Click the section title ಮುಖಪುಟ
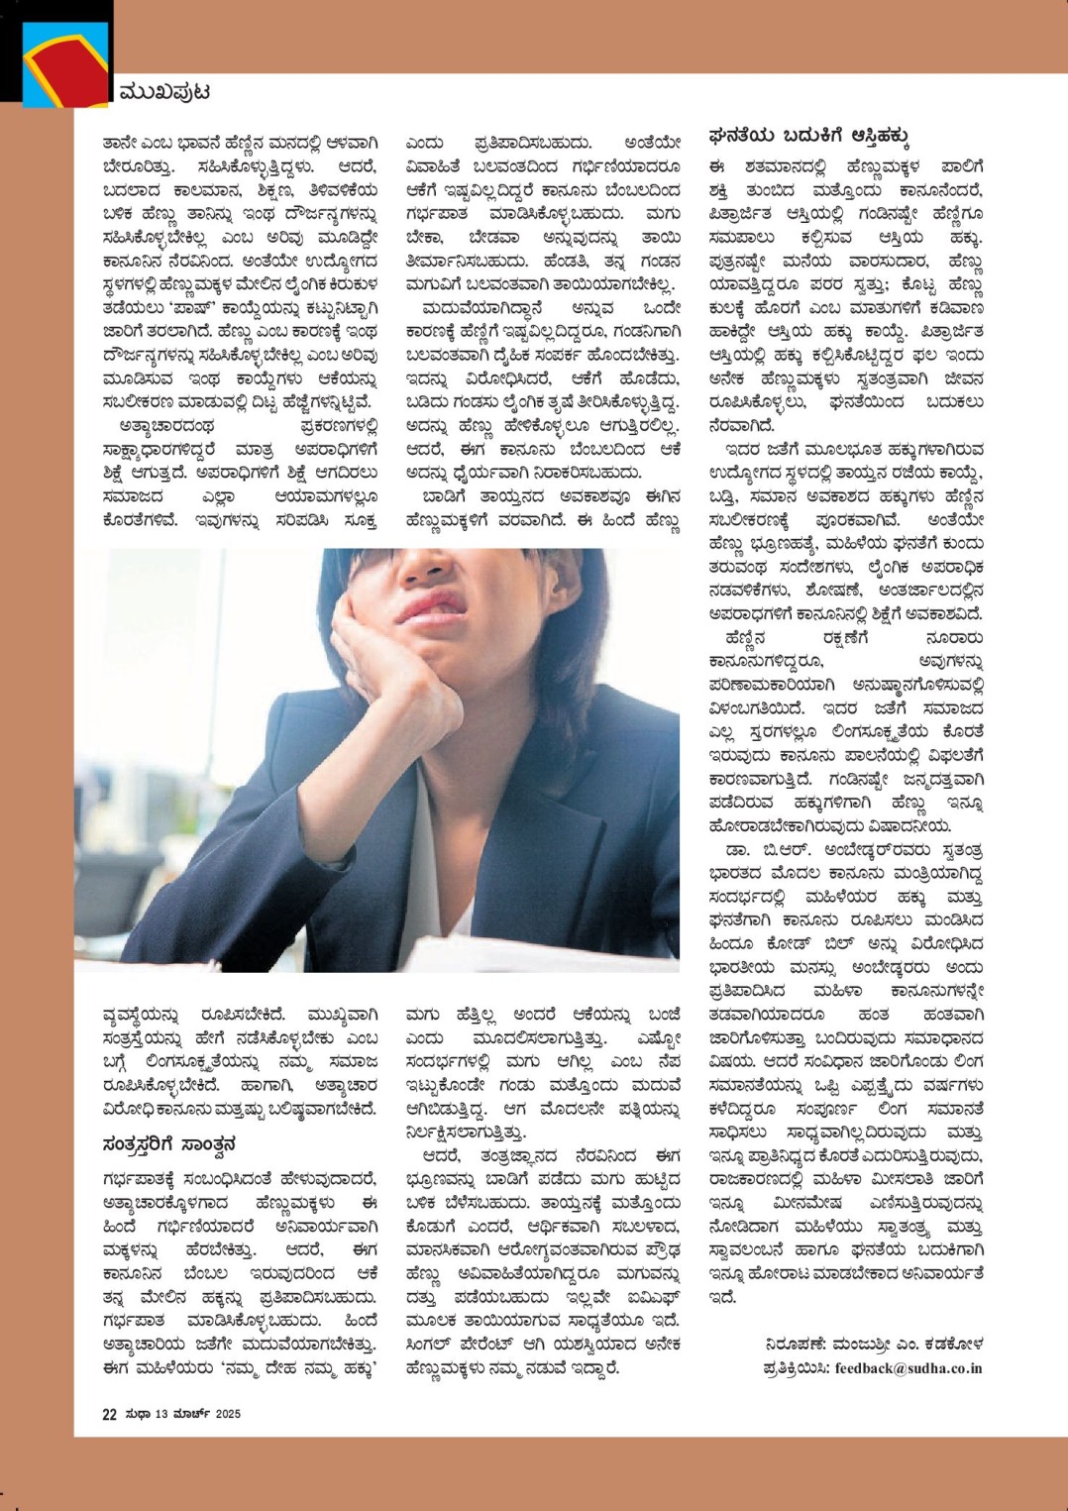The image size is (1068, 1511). point(163,93)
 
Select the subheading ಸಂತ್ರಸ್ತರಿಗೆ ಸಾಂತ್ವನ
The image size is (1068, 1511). point(169,1145)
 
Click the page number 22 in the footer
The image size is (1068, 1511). point(109,1414)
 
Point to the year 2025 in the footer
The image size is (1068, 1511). point(228,1414)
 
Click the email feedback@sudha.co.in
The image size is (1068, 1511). point(908,1368)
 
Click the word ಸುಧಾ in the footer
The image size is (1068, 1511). point(137,1414)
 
